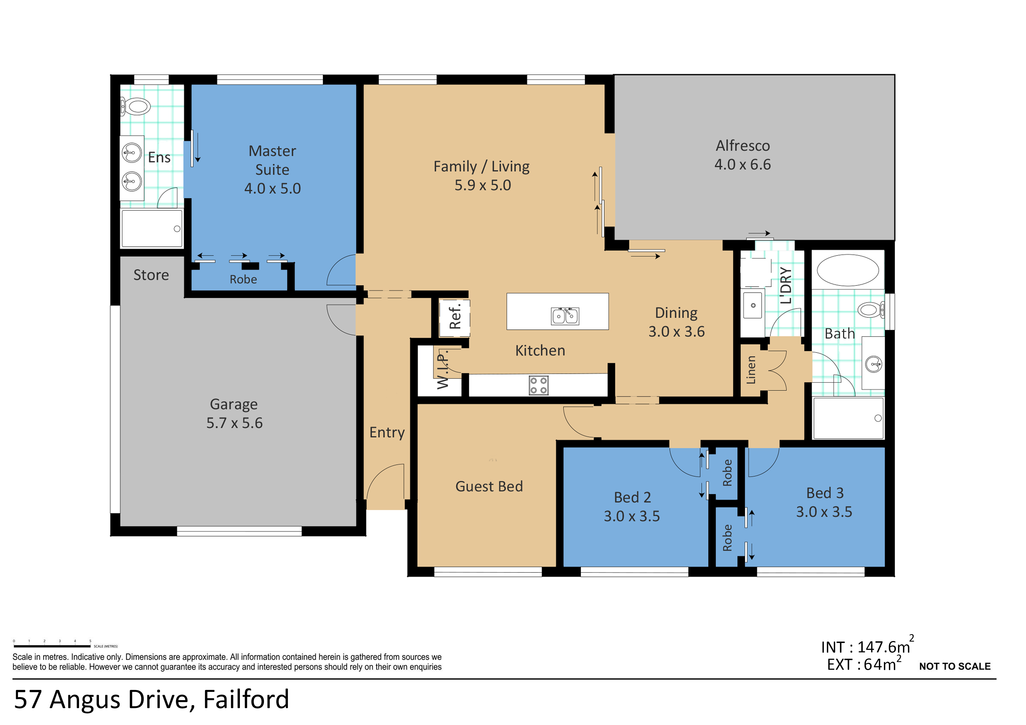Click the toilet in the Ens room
pos(136,107)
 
